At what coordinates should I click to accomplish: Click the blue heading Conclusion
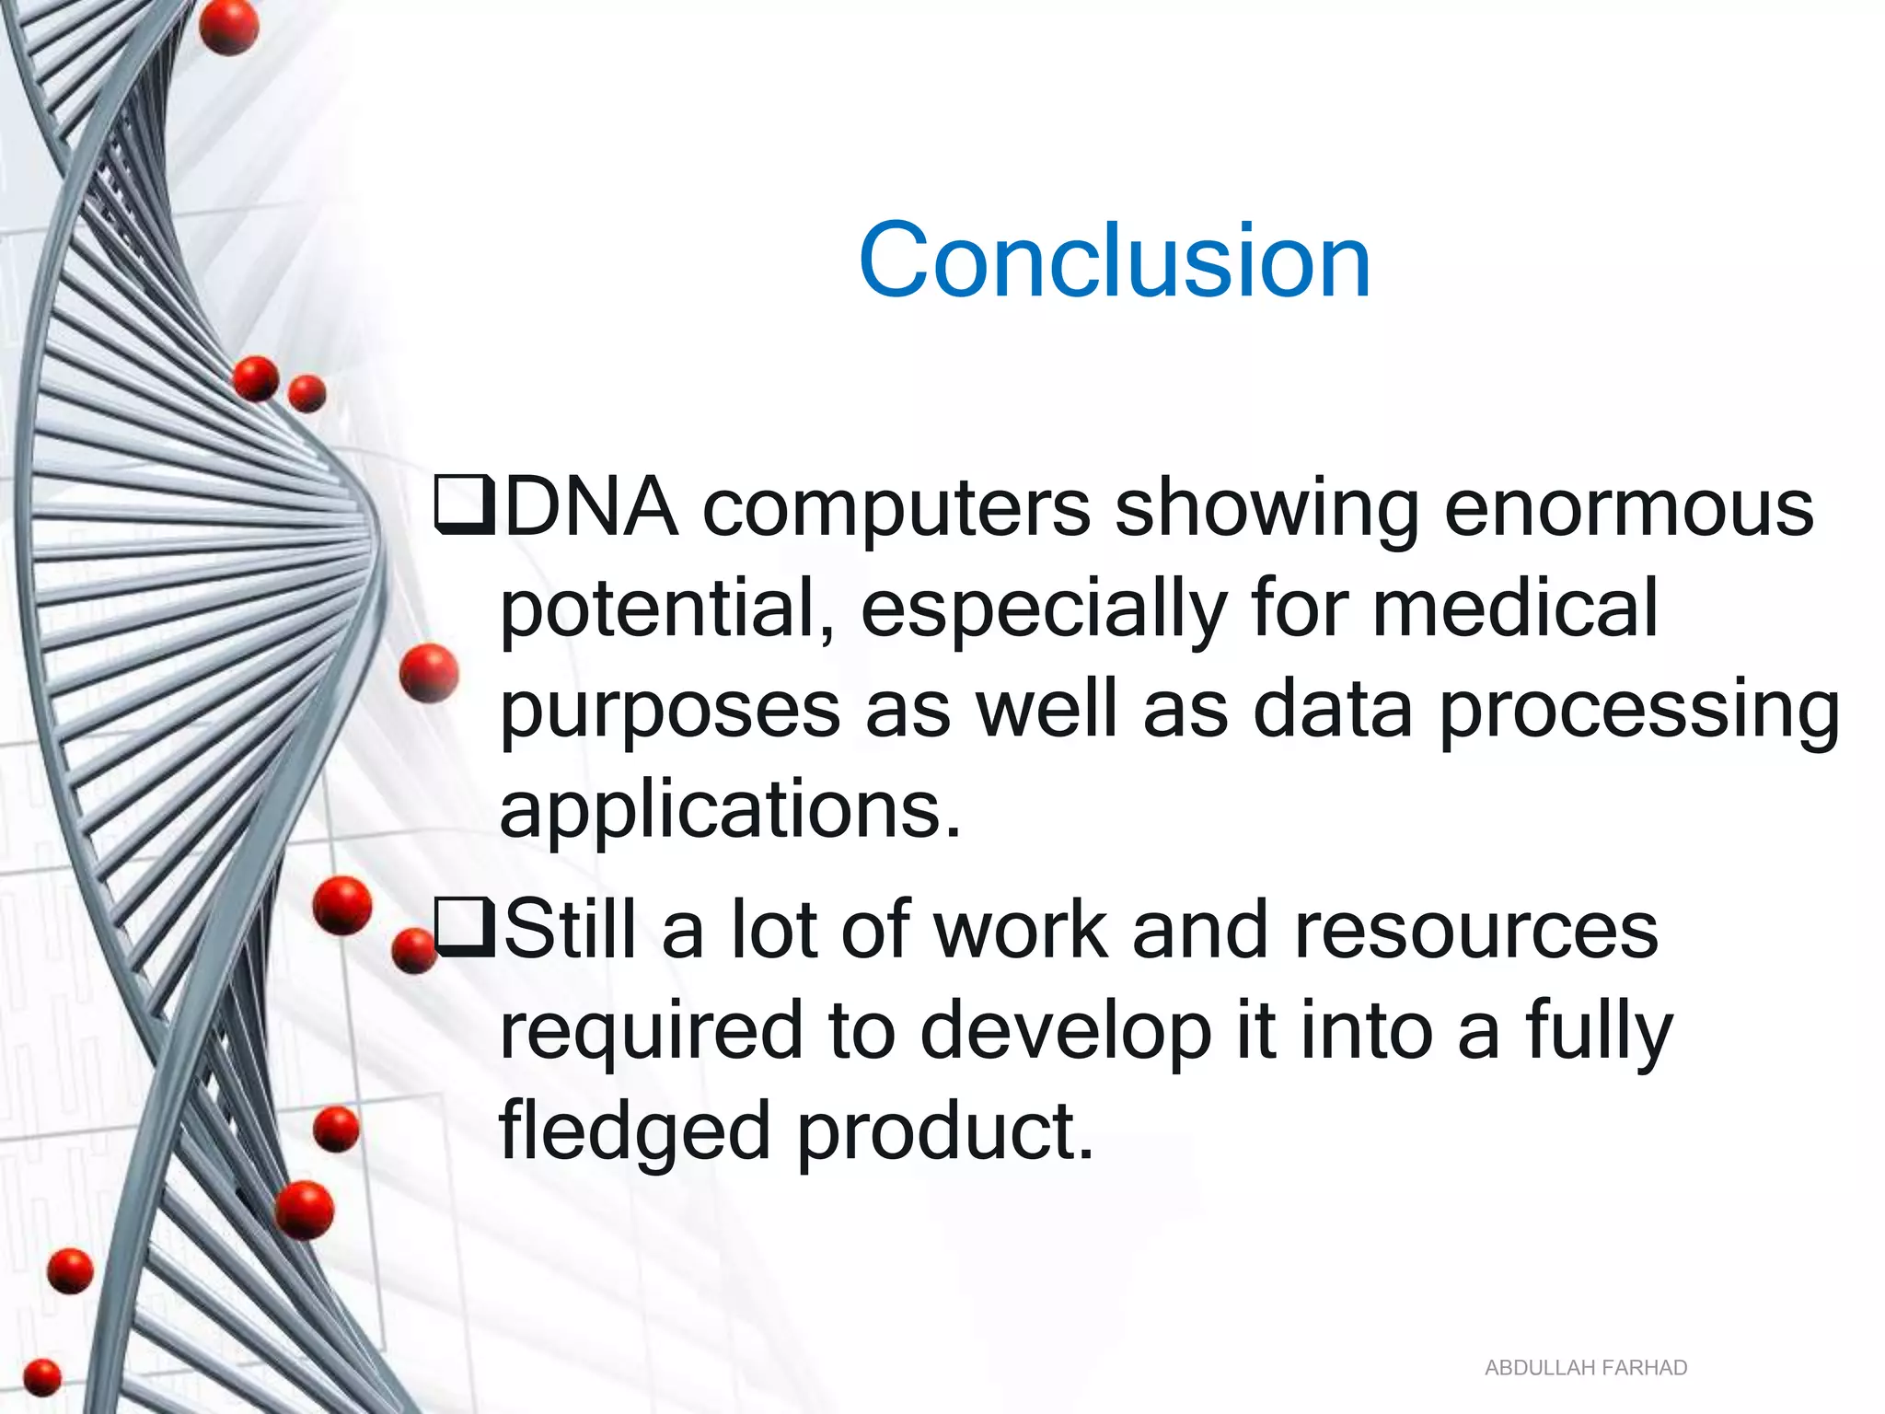1114,261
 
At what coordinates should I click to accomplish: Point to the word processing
1638,711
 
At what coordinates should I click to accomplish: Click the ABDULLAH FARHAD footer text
1586,1368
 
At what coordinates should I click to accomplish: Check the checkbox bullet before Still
465,928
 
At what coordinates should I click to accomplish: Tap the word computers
896,509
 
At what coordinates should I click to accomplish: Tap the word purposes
670,711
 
